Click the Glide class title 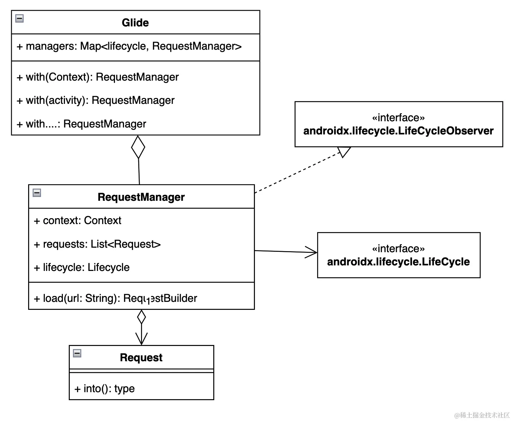coord(135,23)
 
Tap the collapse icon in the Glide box coord(20,19)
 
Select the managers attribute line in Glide coord(129,46)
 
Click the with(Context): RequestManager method coord(98,77)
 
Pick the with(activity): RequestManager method coord(96,100)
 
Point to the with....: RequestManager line coord(81,124)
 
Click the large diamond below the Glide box coord(138,147)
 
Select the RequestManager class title coord(141,197)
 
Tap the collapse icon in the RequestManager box coord(37,193)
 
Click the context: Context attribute coord(78,221)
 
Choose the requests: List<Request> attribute coord(97,244)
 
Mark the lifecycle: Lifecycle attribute coord(82,267)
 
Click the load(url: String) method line coord(115,298)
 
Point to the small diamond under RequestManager coord(141,317)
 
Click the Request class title coord(141,357)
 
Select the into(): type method coord(104,388)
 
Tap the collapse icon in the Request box coord(77,354)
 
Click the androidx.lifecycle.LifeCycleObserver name coord(398,131)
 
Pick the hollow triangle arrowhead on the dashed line coord(344,151)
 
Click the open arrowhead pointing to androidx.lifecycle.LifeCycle coord(312,252)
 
